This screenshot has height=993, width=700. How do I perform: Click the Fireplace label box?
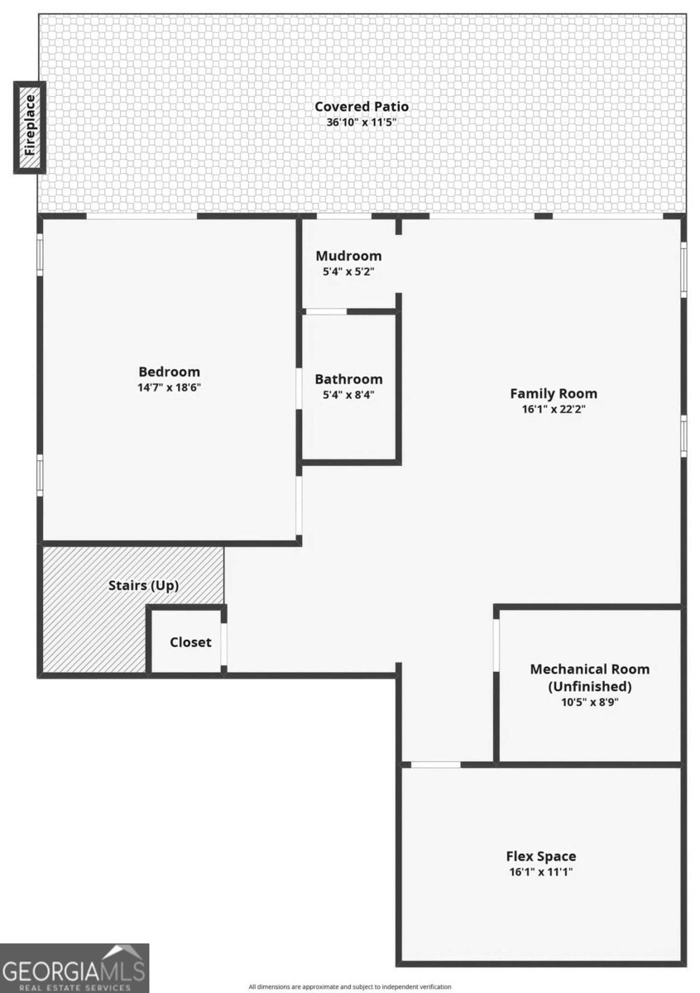(30, 127)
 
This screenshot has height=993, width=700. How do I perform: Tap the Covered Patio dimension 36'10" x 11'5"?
(361, 122)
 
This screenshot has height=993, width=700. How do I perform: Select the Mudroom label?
(348, 256)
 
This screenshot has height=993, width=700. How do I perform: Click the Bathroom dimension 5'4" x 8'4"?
(348, 395)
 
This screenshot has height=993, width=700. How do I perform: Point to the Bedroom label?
(169, 372)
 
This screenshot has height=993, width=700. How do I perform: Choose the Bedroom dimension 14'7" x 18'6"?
(169, 387)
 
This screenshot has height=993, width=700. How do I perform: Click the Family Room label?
(554, 394)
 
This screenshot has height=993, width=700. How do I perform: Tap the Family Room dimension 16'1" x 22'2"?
(554, 409)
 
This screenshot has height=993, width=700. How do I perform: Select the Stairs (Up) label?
(144, 586)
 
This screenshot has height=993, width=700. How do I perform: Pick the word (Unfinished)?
(590, 686)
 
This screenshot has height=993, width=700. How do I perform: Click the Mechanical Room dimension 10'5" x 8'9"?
(590, 703)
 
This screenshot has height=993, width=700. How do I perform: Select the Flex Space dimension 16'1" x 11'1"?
(541, 872)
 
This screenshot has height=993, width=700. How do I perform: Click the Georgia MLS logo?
(74, 967)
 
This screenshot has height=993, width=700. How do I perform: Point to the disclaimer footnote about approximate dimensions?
(350, 986)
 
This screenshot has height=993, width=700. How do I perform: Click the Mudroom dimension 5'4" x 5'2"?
(348, 271)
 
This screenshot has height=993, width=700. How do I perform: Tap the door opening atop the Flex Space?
(435, 765)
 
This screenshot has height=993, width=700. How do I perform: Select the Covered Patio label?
(362, 107)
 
